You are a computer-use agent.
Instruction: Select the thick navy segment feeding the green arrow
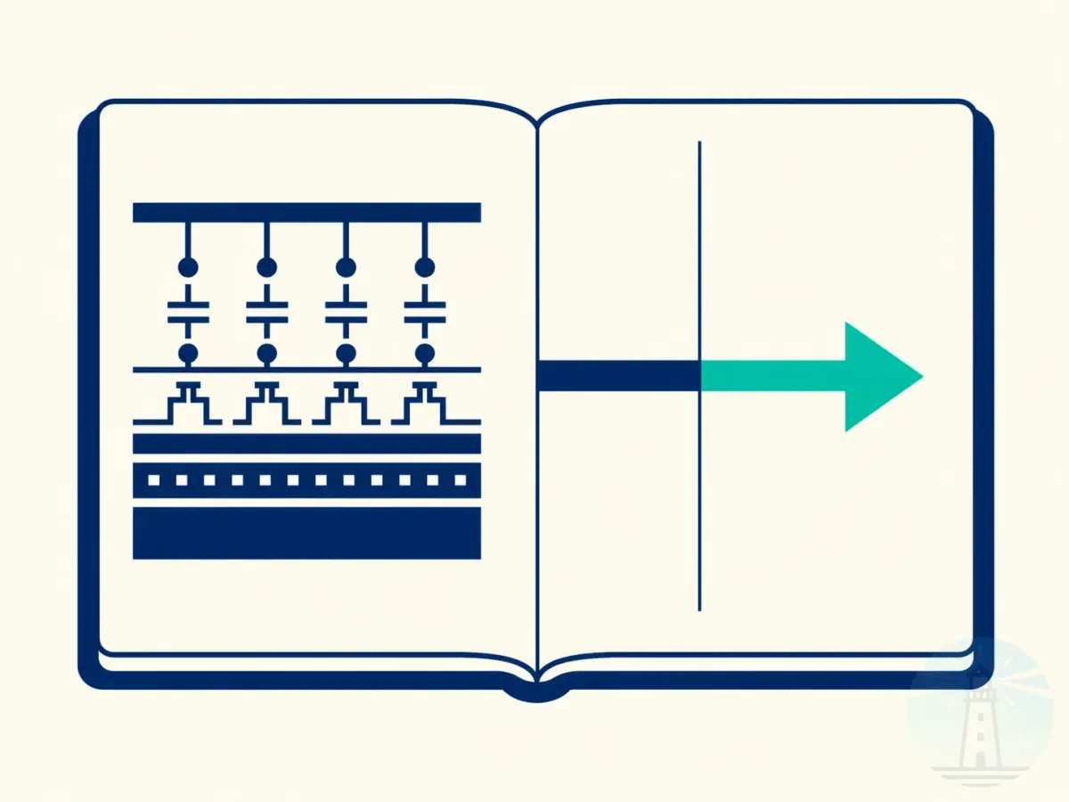618,376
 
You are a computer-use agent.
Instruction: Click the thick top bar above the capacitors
306,212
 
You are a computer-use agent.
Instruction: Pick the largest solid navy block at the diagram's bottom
306,533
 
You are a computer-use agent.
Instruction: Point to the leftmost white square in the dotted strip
152,480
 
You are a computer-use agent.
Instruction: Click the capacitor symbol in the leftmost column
188,311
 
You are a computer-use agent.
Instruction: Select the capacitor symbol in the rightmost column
425,311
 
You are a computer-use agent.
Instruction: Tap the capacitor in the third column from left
346,311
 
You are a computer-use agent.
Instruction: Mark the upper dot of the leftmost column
188,266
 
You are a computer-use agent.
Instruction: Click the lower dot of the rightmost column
425,354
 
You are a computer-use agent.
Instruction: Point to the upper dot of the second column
266,266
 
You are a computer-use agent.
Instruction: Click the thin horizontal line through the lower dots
306,369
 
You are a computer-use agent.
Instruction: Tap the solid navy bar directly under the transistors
306,443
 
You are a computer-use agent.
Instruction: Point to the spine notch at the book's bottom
535,692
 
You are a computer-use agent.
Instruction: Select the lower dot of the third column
346,354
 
